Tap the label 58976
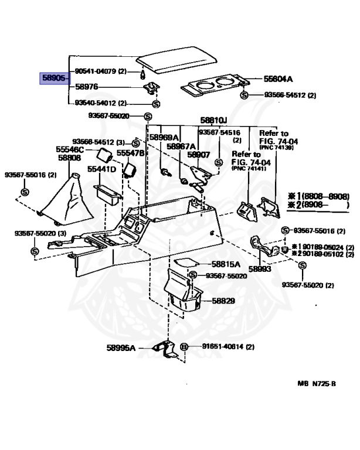(86, 87)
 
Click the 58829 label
(223, 301)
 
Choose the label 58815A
(226, 265)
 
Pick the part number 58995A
(121, 348)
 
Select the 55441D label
(101, 169)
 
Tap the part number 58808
(69, 158)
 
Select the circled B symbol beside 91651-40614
(184, 347)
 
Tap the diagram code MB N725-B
(316, 384)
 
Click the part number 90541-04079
(96, 71)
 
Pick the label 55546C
(70, 150)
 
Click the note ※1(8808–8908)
(318, 196)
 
